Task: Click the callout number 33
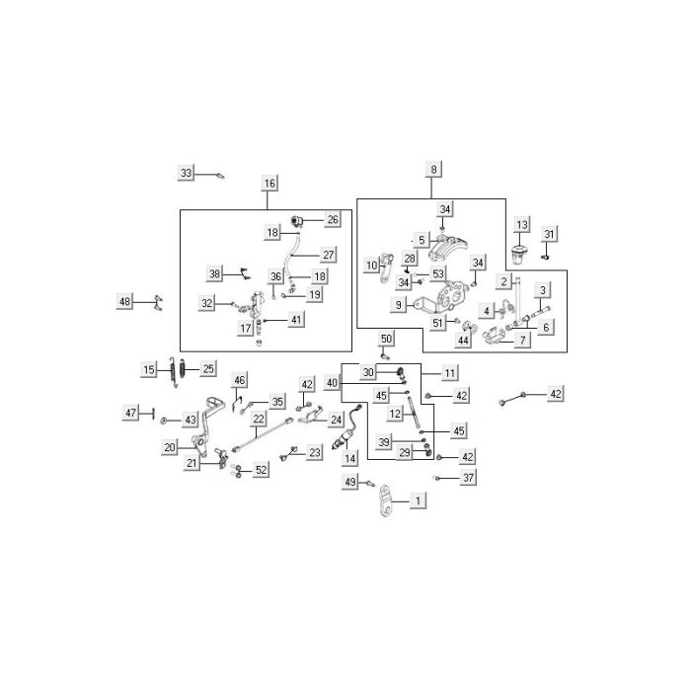click(x=186, y=173)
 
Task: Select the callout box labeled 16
click(x=269, y=183)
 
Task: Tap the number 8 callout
click(x=433, y=169)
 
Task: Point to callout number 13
click(x=522, y=225)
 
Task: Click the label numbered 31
click(x=549, y=234)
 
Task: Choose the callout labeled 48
click(x=124, y=301)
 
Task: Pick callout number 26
click(x=333, y=219)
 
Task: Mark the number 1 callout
click(x=418, y=500)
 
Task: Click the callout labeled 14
click(x=349, y=458)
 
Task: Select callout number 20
click(x=170, y=447)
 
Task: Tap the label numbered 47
click(x=130, y=413)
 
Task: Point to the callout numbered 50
click(x=386, y=339)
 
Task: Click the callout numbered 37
click(x=468, y=477)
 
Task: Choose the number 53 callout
click(x=437, y=273)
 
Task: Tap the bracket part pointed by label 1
click(x=385, y=500)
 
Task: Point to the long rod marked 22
click(x=263, y=434)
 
